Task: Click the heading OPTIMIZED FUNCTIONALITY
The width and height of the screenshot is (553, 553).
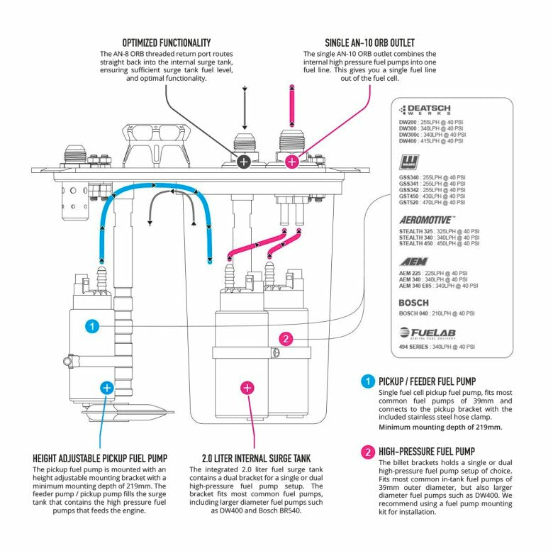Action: click(x=166, y=43)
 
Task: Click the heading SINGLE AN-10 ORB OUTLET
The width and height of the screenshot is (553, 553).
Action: click(x=369, y=43)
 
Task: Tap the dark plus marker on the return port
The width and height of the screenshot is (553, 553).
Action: click(x=243, y=162)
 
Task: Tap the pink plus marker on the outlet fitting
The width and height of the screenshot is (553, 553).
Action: click(x=291, y=162)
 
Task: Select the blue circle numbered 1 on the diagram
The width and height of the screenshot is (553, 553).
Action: click(x=91, y=326)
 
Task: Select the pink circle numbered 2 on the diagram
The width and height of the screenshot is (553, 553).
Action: click(x=286, y=339)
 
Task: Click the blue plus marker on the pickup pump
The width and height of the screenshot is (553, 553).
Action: click(x=106, y=387)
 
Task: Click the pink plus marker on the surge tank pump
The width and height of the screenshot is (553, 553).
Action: click(x=247, y=387)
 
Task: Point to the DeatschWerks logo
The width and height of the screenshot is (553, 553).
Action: click(x=425, y=110)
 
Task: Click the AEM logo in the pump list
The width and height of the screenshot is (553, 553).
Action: click(x=413, y=262)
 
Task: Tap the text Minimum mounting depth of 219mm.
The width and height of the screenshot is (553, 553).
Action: click(x=440, y=428)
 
